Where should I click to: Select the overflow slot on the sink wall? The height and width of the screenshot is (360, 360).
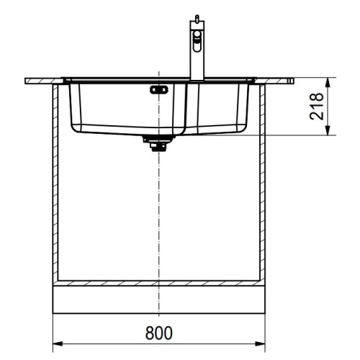tap(158, 90)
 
